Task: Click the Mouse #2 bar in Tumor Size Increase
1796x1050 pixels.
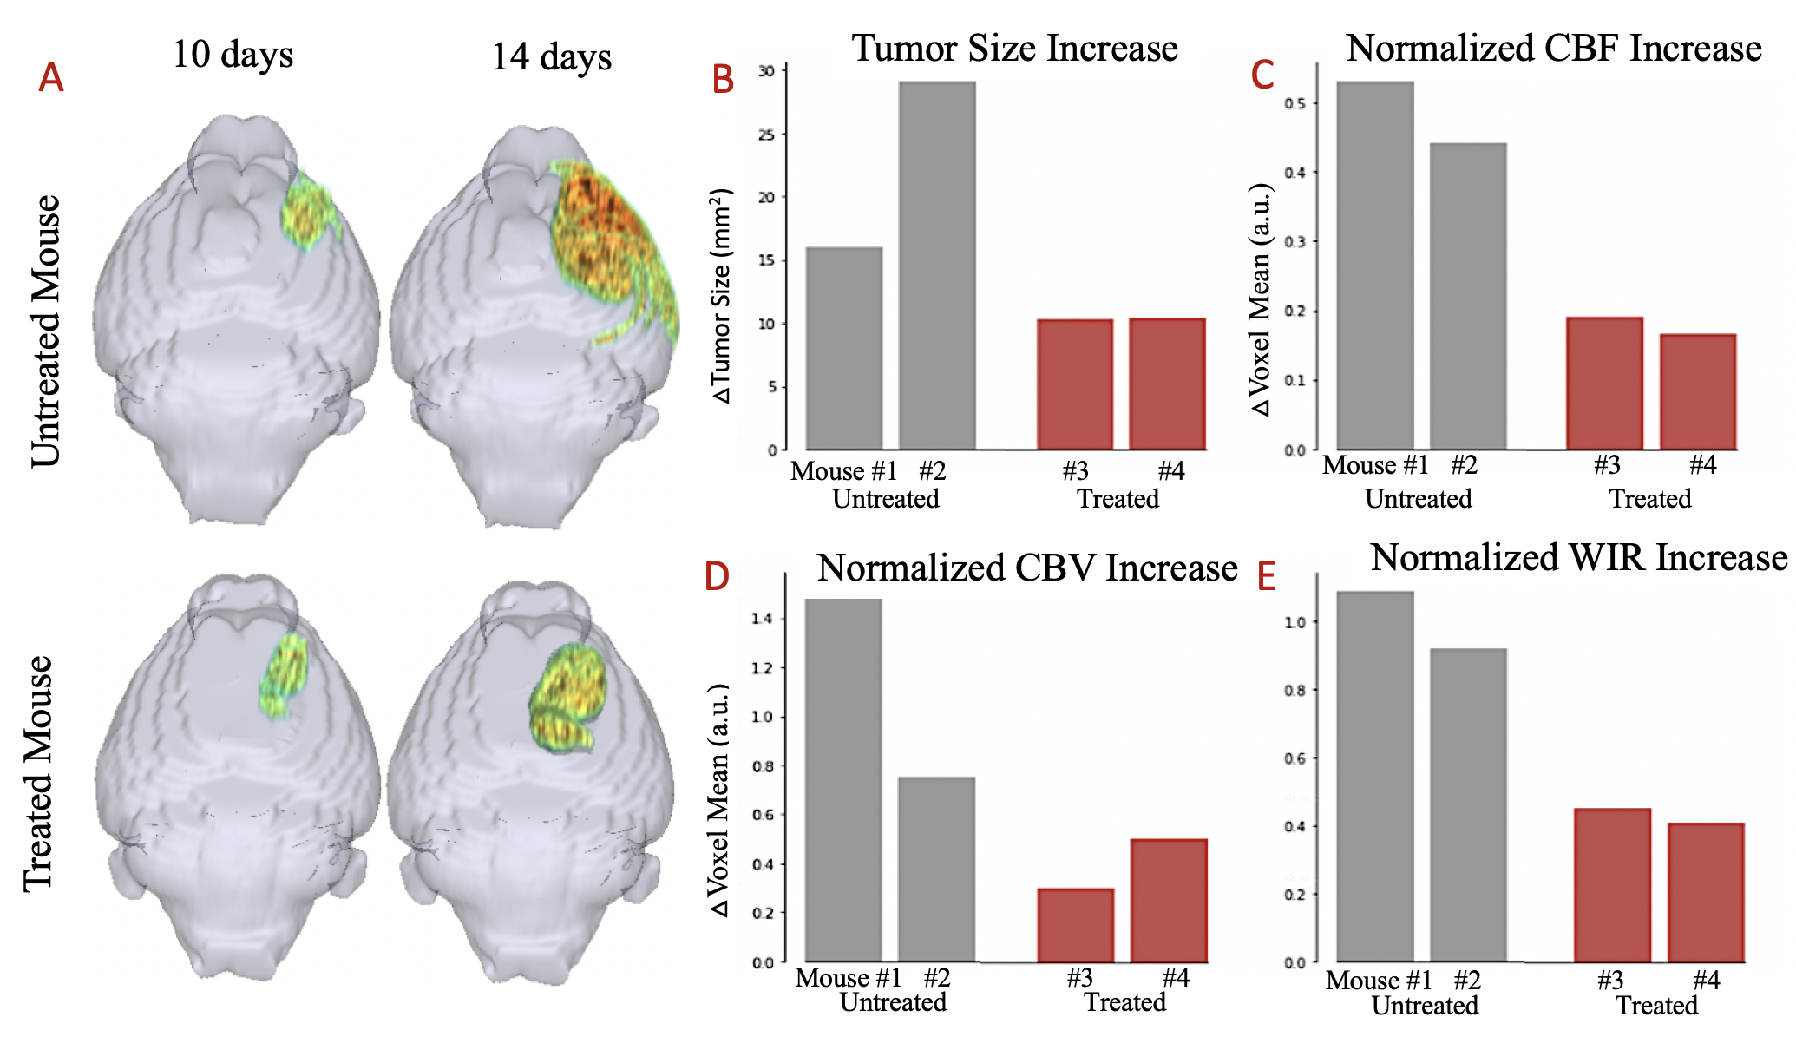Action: tap(936, 266)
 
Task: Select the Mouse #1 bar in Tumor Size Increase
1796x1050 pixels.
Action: tap(844, 348)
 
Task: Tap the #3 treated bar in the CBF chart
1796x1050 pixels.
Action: tap(1604, 384)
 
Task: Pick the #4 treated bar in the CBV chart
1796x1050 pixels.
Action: tap(1168, 900)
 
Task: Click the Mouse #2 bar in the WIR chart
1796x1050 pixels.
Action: tap(1468, 804)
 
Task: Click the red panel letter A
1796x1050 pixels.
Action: tap(51, 78)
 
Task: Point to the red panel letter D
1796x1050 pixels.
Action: tap(717, 576)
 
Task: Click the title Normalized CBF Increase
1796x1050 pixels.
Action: tap(1553, 49)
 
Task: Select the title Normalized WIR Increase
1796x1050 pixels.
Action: tap(1578, 558)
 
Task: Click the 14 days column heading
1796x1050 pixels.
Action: tap(552, 57)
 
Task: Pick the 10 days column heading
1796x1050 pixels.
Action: tap(233, 54)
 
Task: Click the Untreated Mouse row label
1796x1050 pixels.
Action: tap(45, 331)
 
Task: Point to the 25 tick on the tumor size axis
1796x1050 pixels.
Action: tap(766, 135)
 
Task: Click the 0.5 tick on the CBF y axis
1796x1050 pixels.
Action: tap(1295, 103)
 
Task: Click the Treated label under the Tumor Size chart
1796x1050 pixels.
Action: tap(1118, 499)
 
